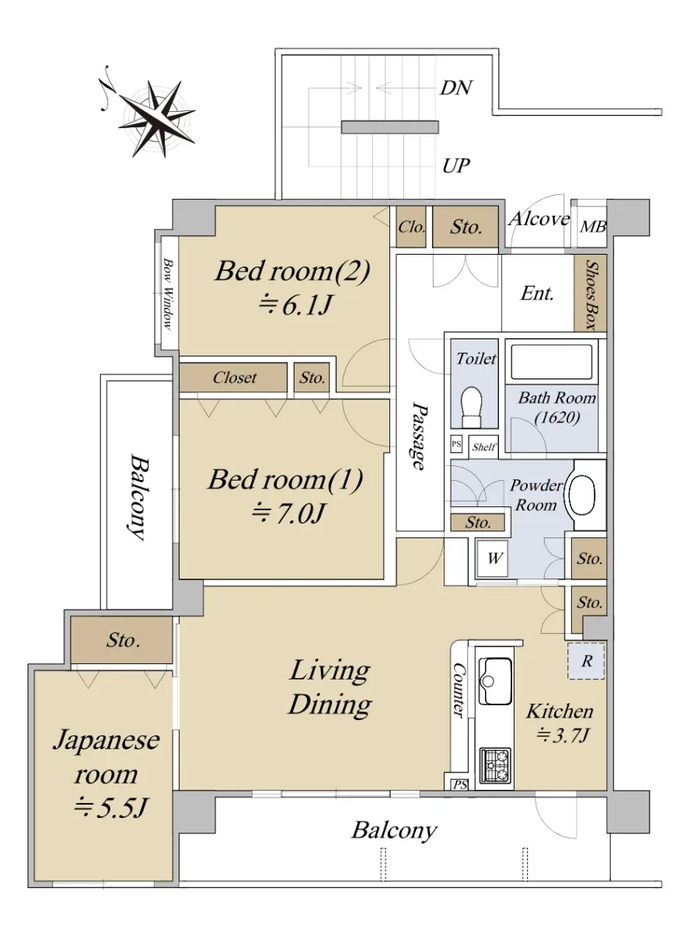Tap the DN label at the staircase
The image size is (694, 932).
[456, 88]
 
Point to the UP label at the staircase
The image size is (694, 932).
[456, 165]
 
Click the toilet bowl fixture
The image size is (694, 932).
[473, 406]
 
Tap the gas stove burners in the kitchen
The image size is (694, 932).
[497, 765]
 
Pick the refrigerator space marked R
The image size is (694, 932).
[586, 661]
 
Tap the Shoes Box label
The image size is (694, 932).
[591, 295]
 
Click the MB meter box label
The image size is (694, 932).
[593, 227]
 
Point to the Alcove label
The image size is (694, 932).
[539, 219]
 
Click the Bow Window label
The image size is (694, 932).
[168, 294]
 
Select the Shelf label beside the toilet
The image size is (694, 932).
[483, 447]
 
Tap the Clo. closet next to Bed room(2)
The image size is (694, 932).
[411, 227]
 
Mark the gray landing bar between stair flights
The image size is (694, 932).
[390, 127]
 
